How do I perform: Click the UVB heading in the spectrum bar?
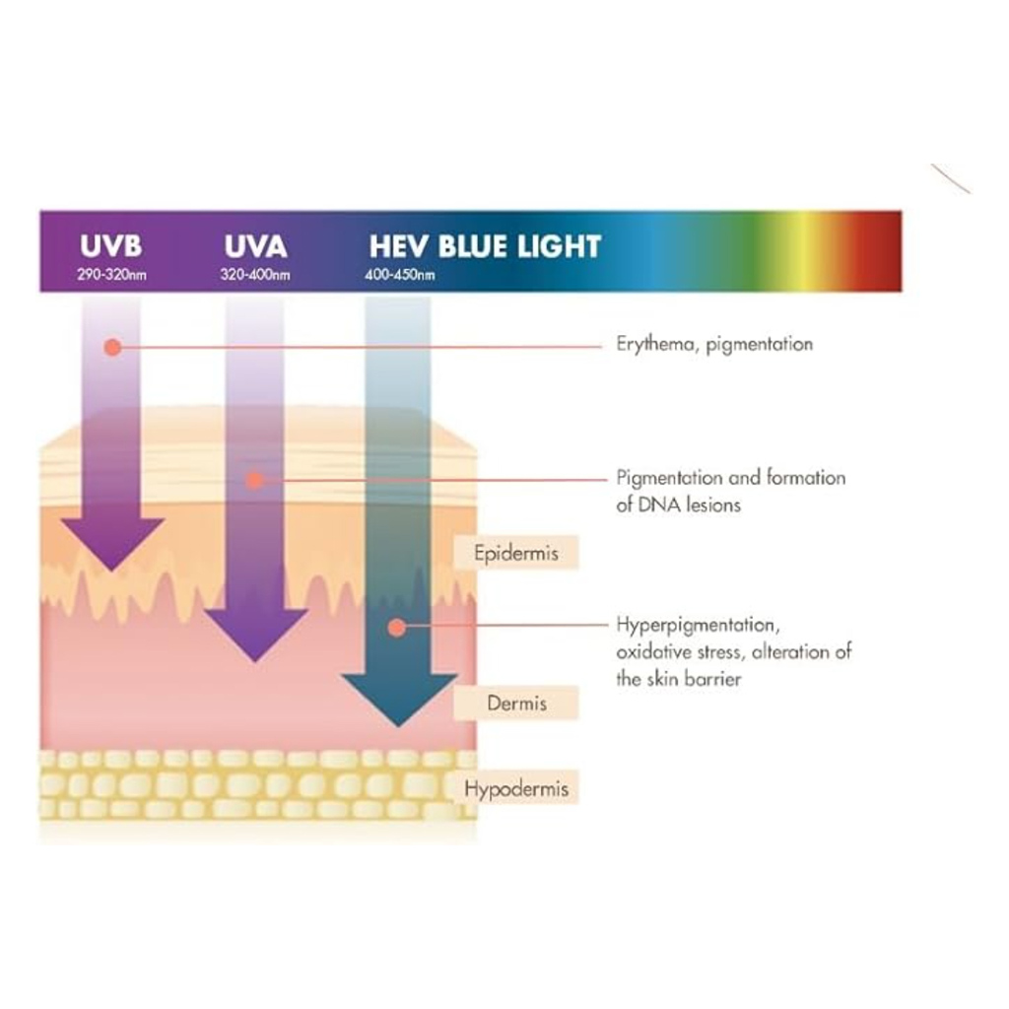coord(110,246)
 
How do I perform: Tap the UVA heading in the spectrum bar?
coord(255,246)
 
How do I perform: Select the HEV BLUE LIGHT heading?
coord(485,246)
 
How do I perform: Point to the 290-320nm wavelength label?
coord(111,275)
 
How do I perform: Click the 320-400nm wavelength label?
coord(255,275)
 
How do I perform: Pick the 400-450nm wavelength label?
coord(399,275)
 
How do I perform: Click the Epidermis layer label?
coord(515,553)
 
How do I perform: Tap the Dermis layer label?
coord(516,704)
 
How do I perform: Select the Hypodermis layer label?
coord(516,789)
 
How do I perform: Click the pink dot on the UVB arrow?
coord(112,347)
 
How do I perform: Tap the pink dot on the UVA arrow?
coord(254,480)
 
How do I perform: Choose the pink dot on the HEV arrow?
coord(396,626)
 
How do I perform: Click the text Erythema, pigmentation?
coord(714,345)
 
